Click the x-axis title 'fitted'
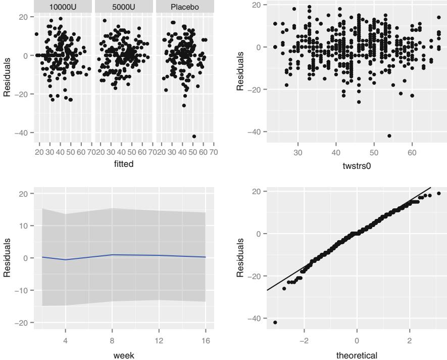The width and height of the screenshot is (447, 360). tap(124, 164)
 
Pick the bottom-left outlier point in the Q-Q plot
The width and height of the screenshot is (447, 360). tap(275, 322)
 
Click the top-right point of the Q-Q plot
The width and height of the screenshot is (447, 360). tap(438, 193)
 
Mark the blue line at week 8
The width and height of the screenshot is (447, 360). tap(112, 255)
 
